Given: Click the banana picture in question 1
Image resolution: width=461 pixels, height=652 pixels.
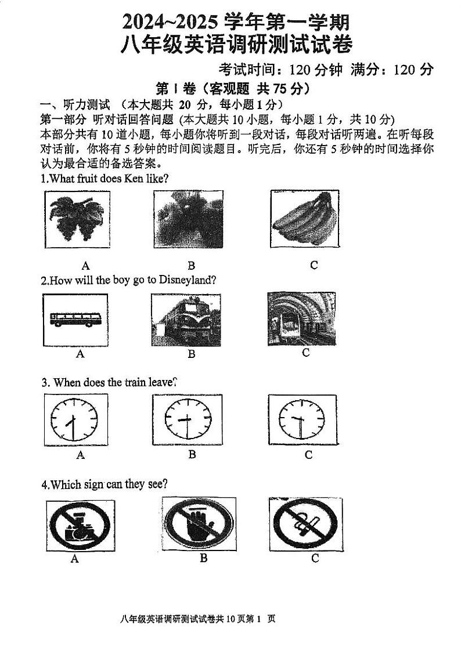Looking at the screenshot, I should [x=304, y=219].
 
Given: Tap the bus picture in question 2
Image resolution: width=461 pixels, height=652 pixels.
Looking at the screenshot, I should [x=75, y=318].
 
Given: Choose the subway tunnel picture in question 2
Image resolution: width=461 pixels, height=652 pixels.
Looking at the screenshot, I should [x=301, y=318].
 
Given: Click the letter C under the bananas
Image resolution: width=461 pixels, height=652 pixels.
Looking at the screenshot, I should [x=314, y=265].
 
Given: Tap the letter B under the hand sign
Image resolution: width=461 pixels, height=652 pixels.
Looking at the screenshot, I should [x=203, y=558].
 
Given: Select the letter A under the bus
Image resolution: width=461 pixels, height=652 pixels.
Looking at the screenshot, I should [x=80, y=354].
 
